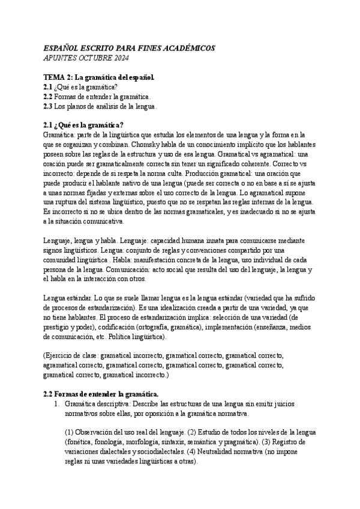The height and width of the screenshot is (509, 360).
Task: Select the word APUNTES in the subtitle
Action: [61, 58]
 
